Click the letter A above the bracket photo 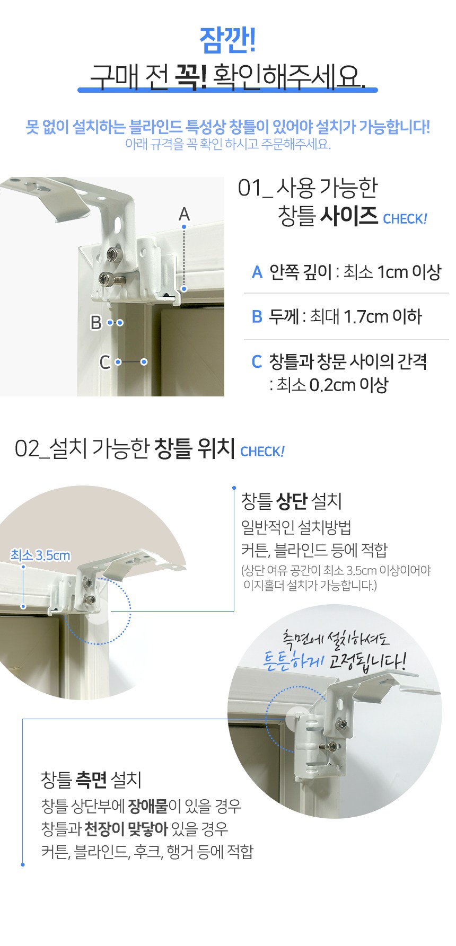click(184, 214)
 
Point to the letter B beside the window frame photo click(96, 322)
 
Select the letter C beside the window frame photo click(105, 362)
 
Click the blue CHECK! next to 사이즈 click(405, 219)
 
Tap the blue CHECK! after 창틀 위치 click(262, 452)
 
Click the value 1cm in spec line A click(392, 272)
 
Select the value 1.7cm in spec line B click(366, 317)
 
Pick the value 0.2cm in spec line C click(332, 385)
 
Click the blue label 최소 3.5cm click(40, 555)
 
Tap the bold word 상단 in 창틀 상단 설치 click(292, 501)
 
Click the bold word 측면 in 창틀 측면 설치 click(91, 780)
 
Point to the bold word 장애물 click(148, 806)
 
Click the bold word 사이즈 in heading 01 click(348, 216)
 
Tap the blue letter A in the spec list click(257, 272)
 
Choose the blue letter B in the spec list click(257, 317)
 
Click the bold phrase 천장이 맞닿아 click(126, 828)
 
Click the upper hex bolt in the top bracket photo click(112, 255)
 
